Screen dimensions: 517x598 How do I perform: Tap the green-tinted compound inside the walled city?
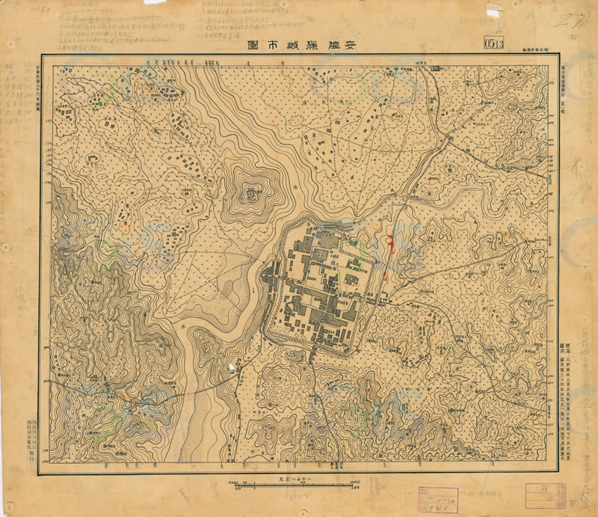click(x=357, y=262)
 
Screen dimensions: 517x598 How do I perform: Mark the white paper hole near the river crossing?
click(x=232, y=367)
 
